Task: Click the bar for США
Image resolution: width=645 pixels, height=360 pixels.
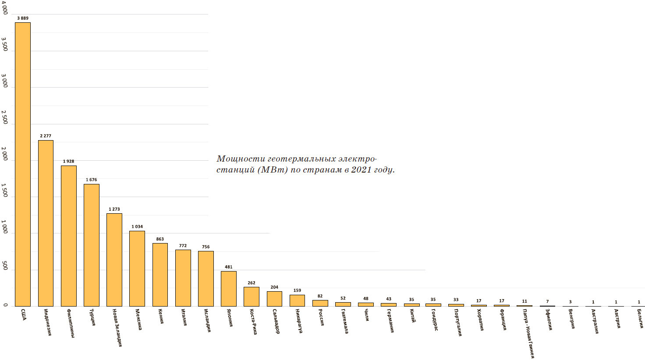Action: [23, 164]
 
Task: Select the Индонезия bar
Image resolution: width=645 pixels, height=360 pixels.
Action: [46, 223]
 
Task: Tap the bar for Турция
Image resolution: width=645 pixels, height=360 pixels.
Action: [91, 245]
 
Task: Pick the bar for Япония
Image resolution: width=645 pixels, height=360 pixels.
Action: [228, 289]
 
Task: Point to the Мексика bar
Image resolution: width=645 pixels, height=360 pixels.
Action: [137, 268]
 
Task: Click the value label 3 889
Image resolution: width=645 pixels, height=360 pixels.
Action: [23, 18]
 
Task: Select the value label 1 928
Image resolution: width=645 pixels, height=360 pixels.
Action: [68, 161]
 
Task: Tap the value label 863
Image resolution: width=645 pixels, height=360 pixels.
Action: [160, 239]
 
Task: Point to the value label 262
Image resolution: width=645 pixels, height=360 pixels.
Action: [251, 283]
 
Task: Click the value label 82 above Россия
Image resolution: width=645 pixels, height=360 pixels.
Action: [320, 296]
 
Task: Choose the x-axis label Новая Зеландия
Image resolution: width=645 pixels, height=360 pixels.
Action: [117, 328]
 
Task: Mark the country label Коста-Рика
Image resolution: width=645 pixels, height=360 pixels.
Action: [253, 322]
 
